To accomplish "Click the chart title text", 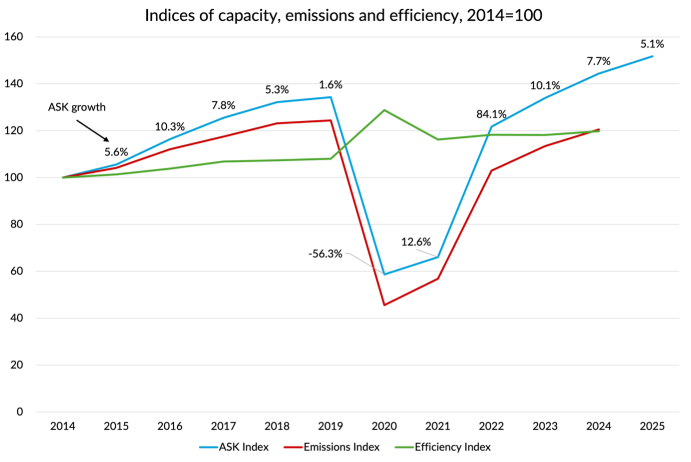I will click(x=344, y=15).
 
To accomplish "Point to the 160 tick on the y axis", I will click(x=13, y=36).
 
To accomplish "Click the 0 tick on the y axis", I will click(x=19, y=412).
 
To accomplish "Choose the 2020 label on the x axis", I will click(x=384, y=426).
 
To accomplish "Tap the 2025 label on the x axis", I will click(x=652, y=426).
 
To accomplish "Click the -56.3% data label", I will click(x=325, y=254).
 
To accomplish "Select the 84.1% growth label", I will click(x=491, y=114).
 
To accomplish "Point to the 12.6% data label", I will click(x=416, y=242).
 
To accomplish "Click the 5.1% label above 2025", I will click(x=652, y=44).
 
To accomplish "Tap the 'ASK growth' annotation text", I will click(x=77, y=107).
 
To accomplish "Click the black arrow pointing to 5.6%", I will click(x=92, y=130).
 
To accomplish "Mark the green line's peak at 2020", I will click(x=384, y=110).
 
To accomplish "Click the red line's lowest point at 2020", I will click(x=384, y=305).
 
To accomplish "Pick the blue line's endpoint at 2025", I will click(x=652, y=56).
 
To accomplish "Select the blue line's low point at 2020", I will click(x=384, y=274).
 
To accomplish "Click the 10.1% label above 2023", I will click(x=545, y=85).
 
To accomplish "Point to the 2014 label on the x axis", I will click(x=62, y=426).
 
